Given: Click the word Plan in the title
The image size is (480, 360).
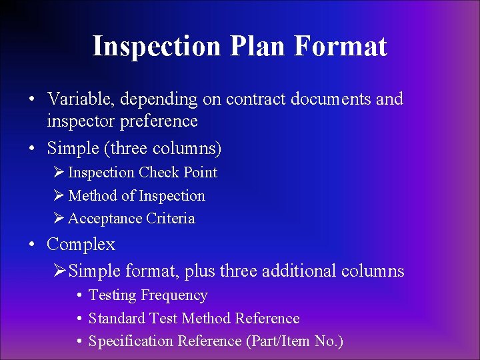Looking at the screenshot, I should pos(257,47).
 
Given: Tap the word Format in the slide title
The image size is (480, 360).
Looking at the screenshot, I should pos(340,47).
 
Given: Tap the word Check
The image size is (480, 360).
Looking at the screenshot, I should pos(159,173).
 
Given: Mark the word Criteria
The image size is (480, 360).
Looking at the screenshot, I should pos(171,219).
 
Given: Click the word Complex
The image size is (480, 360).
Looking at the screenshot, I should pos(81,245).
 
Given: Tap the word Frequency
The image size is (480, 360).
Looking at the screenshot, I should pos(174,295).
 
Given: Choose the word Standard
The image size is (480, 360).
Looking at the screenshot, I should pos(117,319).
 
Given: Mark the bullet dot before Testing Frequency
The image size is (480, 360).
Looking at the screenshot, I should pos(79,296).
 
